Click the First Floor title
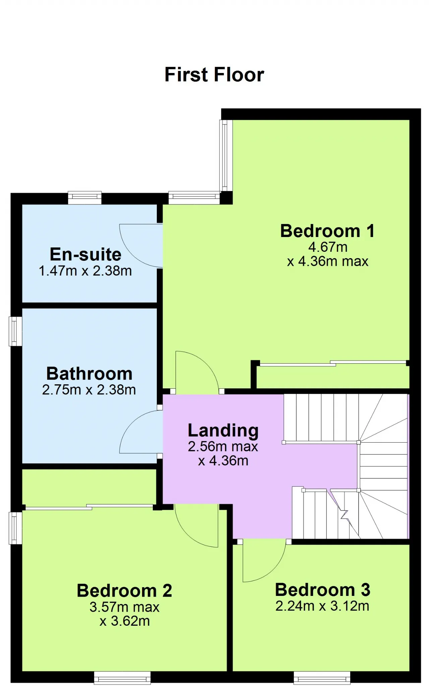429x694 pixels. [214, 74]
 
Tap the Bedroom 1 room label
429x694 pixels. [327, 231]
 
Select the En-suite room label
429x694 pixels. [85, 254]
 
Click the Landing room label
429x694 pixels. [223, 431]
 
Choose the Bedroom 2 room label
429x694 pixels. [124, 590]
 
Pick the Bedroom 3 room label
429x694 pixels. [322, 590]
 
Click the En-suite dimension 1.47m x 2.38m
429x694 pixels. [85, 271]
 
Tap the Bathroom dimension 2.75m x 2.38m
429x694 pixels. [89, 390]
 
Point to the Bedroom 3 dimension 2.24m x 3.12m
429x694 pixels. [322, 606]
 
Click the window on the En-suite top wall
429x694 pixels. [85, 198]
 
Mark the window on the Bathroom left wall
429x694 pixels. [15, 331]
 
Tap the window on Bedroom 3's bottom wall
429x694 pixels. [322, 678]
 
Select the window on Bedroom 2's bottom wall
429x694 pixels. [122, 678]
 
